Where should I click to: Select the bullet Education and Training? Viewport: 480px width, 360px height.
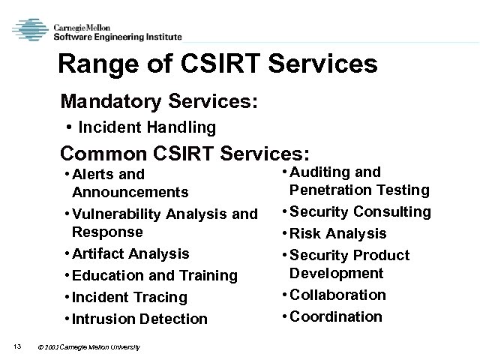coord(154,275)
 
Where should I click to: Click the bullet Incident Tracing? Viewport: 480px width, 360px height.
coord(129,297)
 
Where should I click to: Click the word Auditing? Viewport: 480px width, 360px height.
coord(317,172)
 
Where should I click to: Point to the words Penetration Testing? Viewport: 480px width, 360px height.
coord(359,190)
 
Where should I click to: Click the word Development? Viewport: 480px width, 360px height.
coord(337,273)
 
